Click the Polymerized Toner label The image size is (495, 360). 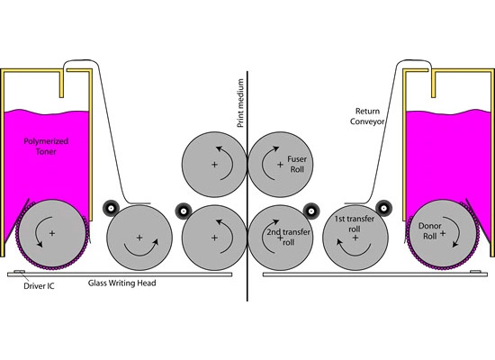(46, 146)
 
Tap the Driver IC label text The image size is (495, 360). (39, 286)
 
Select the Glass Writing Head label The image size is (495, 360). (121, 283)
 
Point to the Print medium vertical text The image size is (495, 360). (240, 103)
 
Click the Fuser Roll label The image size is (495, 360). (297, 164)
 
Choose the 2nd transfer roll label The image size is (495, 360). (288, 237)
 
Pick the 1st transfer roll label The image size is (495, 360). (355, 223)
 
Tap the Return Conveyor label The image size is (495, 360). (367, 116)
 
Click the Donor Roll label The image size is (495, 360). (429, 230)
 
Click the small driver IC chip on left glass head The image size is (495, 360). (19, 272)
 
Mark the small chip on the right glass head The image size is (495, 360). (475, 272)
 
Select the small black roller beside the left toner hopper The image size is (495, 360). (111, 208)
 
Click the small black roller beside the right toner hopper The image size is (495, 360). (383, 208)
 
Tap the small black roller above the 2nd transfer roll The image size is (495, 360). (311, 211)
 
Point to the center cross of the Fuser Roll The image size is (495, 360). (280, 165)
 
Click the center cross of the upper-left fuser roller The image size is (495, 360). (214, 165)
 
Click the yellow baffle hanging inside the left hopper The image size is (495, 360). (61, 85)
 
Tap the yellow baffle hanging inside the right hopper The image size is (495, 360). (434, 85)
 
